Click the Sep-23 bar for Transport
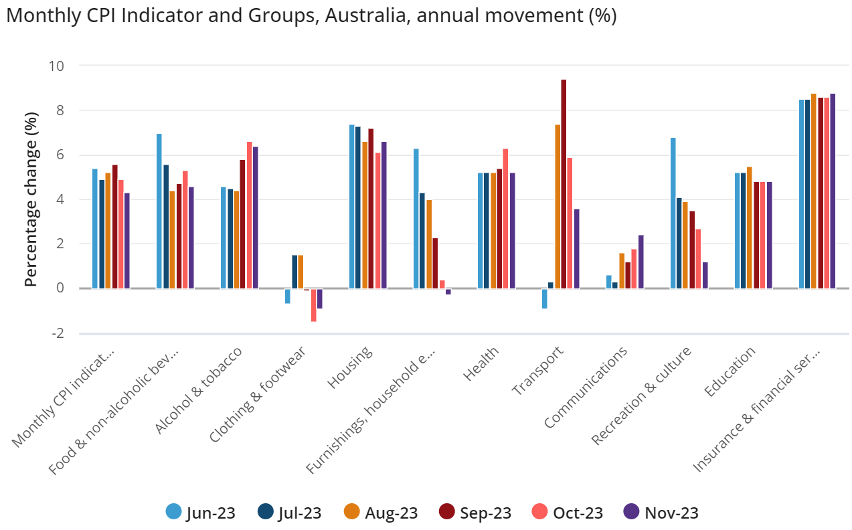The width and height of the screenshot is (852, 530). coord(564,184)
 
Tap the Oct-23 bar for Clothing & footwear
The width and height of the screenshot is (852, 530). coord(313,305)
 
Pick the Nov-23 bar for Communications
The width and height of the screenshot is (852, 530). coord(641,262)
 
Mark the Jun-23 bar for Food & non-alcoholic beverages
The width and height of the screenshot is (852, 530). coord(159,211)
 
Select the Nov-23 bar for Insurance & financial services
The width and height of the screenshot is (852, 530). coord(833,191)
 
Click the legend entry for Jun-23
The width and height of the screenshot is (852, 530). coord(201,513)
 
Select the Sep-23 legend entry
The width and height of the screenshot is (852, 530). coord(475,513)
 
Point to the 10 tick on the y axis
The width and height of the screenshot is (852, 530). coord(56,66)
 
